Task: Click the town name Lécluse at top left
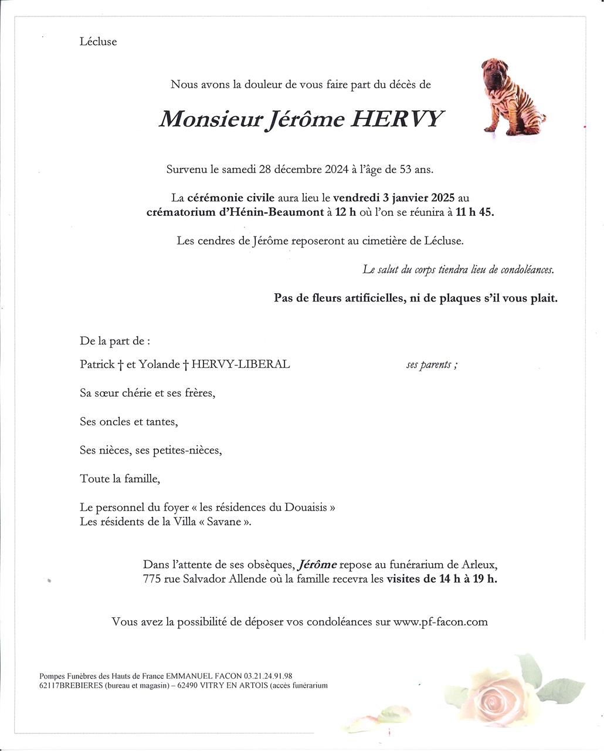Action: coord(98,42)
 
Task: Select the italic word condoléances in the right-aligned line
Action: coord(527,269)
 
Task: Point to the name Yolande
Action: coord(159,364)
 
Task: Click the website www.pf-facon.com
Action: coord(440,622)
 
